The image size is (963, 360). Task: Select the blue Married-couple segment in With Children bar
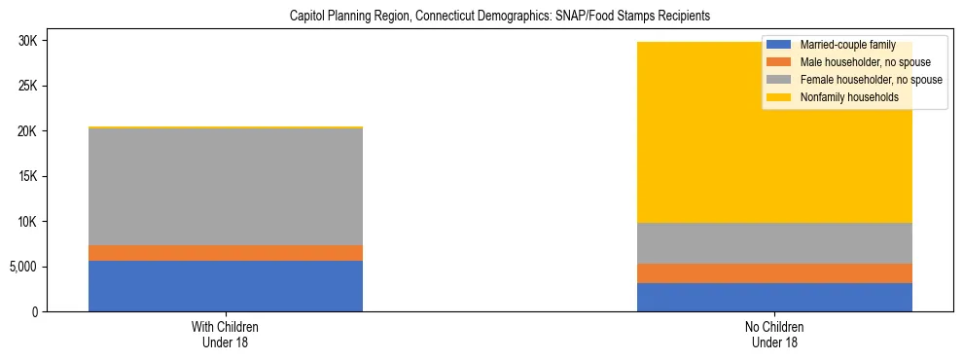click(226, 286)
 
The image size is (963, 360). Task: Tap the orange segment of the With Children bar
click(226, 253)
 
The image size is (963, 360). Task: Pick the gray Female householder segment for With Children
click(226, 187)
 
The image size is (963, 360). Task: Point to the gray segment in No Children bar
click(774, 243)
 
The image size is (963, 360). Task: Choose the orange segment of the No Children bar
click(774, 273)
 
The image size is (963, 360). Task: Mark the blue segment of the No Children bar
click(774, 297)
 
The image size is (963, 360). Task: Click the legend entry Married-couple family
click(846, 45)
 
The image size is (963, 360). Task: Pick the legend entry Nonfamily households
click(847, 97)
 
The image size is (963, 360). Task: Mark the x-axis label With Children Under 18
click(226, 335)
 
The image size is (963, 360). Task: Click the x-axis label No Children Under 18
click(774, 335)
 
